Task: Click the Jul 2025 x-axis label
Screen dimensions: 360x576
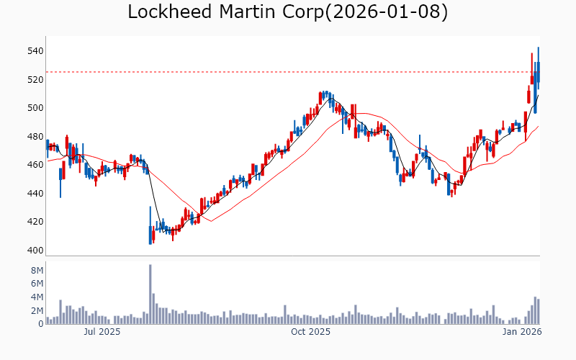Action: coord(102,333)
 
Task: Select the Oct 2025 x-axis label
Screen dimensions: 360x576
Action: coord(310,333)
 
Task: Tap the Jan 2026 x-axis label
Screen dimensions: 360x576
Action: coord(522,333)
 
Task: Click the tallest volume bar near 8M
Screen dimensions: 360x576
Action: coord(150,294)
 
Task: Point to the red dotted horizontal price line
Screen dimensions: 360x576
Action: coord(288,72)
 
